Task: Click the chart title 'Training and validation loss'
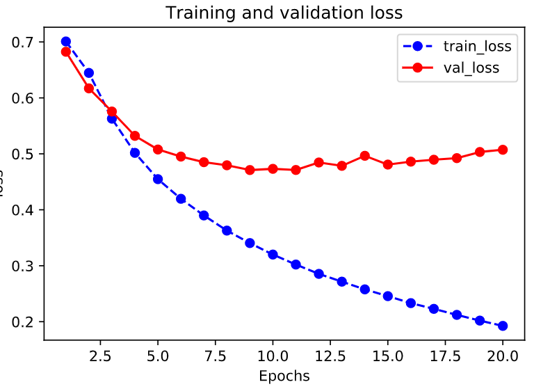283,13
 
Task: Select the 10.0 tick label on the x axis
273,356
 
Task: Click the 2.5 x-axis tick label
100,356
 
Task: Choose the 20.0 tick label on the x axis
502,356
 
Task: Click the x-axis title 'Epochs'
283,376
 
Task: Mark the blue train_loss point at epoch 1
66,42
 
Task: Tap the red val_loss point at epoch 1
66,51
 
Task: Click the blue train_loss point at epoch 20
502,326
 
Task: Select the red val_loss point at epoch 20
502,150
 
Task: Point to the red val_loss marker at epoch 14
364,156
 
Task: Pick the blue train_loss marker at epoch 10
273,255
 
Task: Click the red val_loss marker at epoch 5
158,150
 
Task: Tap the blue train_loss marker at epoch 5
158,179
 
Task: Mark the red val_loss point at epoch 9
250,170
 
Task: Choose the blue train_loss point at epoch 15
387,296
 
